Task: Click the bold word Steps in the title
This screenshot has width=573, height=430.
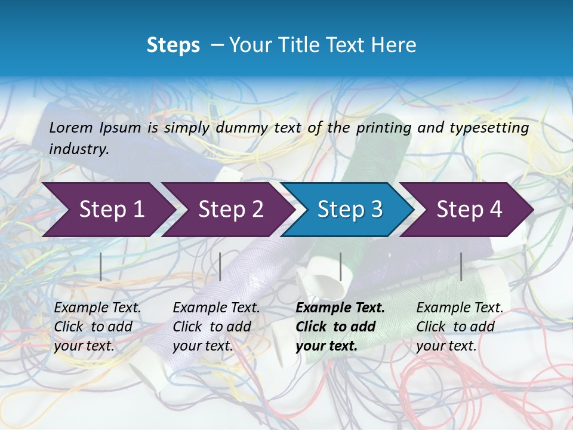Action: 173,45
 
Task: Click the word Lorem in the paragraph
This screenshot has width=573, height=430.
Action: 70,127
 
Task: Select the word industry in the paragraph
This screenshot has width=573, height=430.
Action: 79,149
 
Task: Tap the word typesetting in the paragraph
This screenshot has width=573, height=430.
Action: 494,127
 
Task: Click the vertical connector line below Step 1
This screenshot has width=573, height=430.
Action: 101,266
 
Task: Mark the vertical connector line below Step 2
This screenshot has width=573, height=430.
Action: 220,266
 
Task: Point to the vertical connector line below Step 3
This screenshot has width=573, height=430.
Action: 340,266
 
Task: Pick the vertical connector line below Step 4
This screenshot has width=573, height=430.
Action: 461,266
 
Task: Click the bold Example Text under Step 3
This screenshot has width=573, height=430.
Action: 340,308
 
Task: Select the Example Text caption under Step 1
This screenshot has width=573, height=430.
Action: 97,308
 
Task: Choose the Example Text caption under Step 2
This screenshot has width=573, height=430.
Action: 216,308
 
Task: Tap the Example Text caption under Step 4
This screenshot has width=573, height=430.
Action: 460,308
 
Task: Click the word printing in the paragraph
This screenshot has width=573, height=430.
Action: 384,127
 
